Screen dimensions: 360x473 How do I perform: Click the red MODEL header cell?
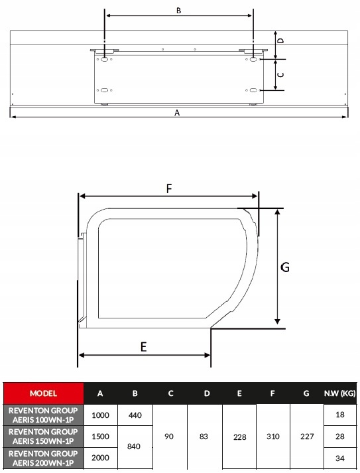click(x=43, y=393)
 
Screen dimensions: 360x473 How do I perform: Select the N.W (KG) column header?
click(x=340, y=393)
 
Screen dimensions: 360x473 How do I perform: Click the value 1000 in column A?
click(x=100, y=415)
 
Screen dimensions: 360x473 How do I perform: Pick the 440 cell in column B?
click(x=135, y=415)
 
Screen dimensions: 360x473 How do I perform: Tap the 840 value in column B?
click(x=133, y=446)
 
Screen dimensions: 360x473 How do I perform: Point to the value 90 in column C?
click(x=169, y=437)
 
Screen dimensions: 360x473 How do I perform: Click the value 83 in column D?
click(x=204, y=437)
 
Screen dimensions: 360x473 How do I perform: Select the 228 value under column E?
click(x=240, y=437)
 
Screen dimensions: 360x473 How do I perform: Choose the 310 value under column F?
click(x=273, y=437)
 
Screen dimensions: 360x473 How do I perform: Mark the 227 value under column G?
click(x=307, y=437)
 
